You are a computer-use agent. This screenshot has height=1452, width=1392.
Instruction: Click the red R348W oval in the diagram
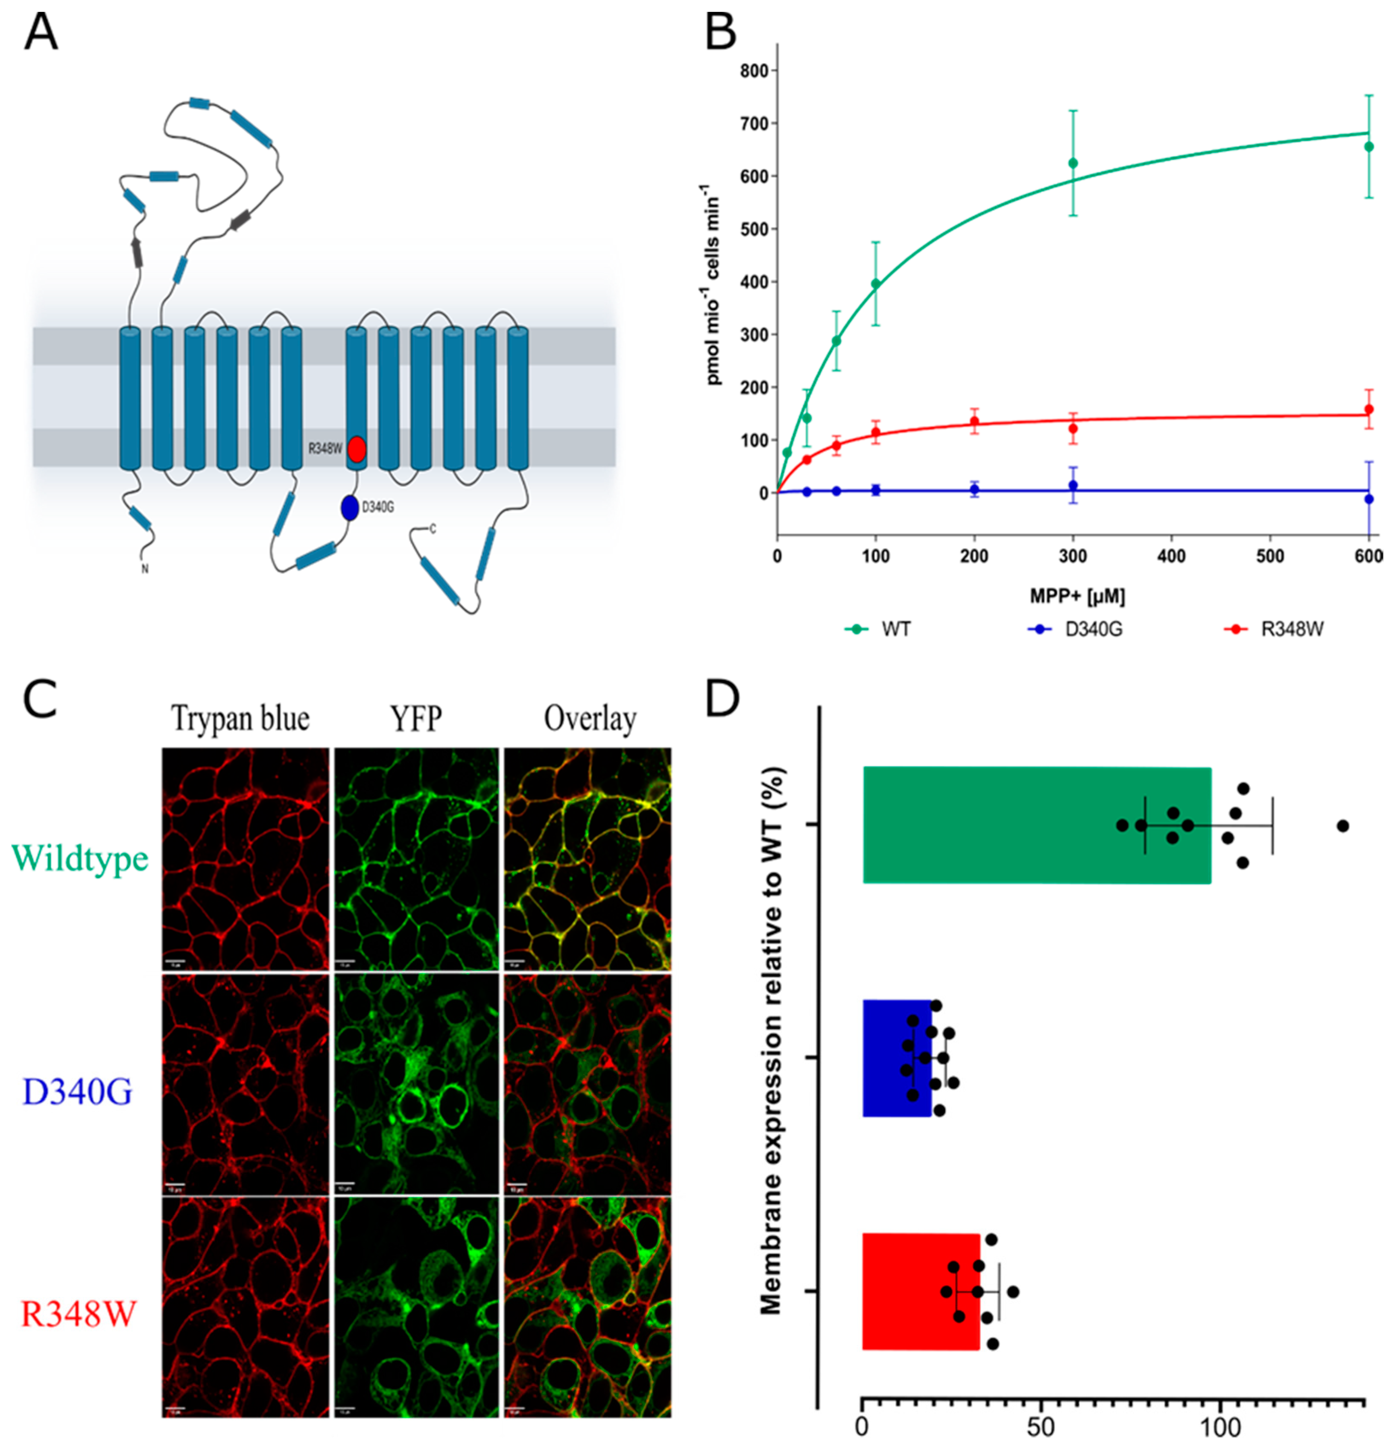357,449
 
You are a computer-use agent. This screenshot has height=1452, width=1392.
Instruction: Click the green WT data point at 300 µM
1073,163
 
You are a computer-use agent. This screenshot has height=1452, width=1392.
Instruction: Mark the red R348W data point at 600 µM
1369,409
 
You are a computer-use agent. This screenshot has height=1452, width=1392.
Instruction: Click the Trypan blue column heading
241,719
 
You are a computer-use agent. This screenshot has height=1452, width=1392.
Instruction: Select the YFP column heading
415,719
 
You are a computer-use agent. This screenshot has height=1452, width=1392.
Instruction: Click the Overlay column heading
590,719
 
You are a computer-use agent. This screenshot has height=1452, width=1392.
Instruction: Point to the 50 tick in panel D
1040,1426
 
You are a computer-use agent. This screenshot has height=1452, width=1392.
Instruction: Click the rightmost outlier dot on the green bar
1342,825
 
